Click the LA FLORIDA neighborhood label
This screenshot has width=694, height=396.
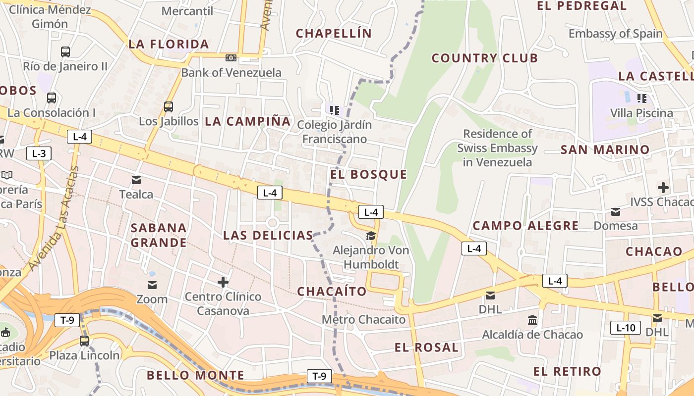[x=169, y=44]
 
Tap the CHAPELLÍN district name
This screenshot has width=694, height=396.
[x=334, y=33]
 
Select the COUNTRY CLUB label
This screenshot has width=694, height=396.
[x=484, y=58]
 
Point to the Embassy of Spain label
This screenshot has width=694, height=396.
[x=615, y=34]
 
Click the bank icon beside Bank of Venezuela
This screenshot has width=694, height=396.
[x=231, y=58]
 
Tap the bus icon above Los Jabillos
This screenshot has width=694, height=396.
[x=169, y=106]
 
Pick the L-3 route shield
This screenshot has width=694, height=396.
[x=39, y=153]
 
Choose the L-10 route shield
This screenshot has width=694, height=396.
[x=625, y=327]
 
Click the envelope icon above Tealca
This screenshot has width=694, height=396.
[x=136, y=180]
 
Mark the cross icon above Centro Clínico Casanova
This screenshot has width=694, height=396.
[x=223, y=282]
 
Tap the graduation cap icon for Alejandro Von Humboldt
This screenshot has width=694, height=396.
[x=371, y=236]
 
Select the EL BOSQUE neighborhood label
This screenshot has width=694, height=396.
[x=368, y=174]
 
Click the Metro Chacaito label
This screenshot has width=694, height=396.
[x=363, y=319]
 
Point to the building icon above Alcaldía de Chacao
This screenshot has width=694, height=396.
[x=533, y=320]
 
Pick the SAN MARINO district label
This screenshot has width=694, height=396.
[x=605, y=149]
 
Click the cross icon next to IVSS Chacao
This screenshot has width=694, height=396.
[x=663, y=188]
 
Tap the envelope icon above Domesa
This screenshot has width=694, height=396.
[x=616, y=212]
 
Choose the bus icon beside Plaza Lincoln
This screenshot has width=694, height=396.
[x=84, y=341]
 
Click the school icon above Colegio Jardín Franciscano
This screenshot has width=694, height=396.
[x=335, y=109]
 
